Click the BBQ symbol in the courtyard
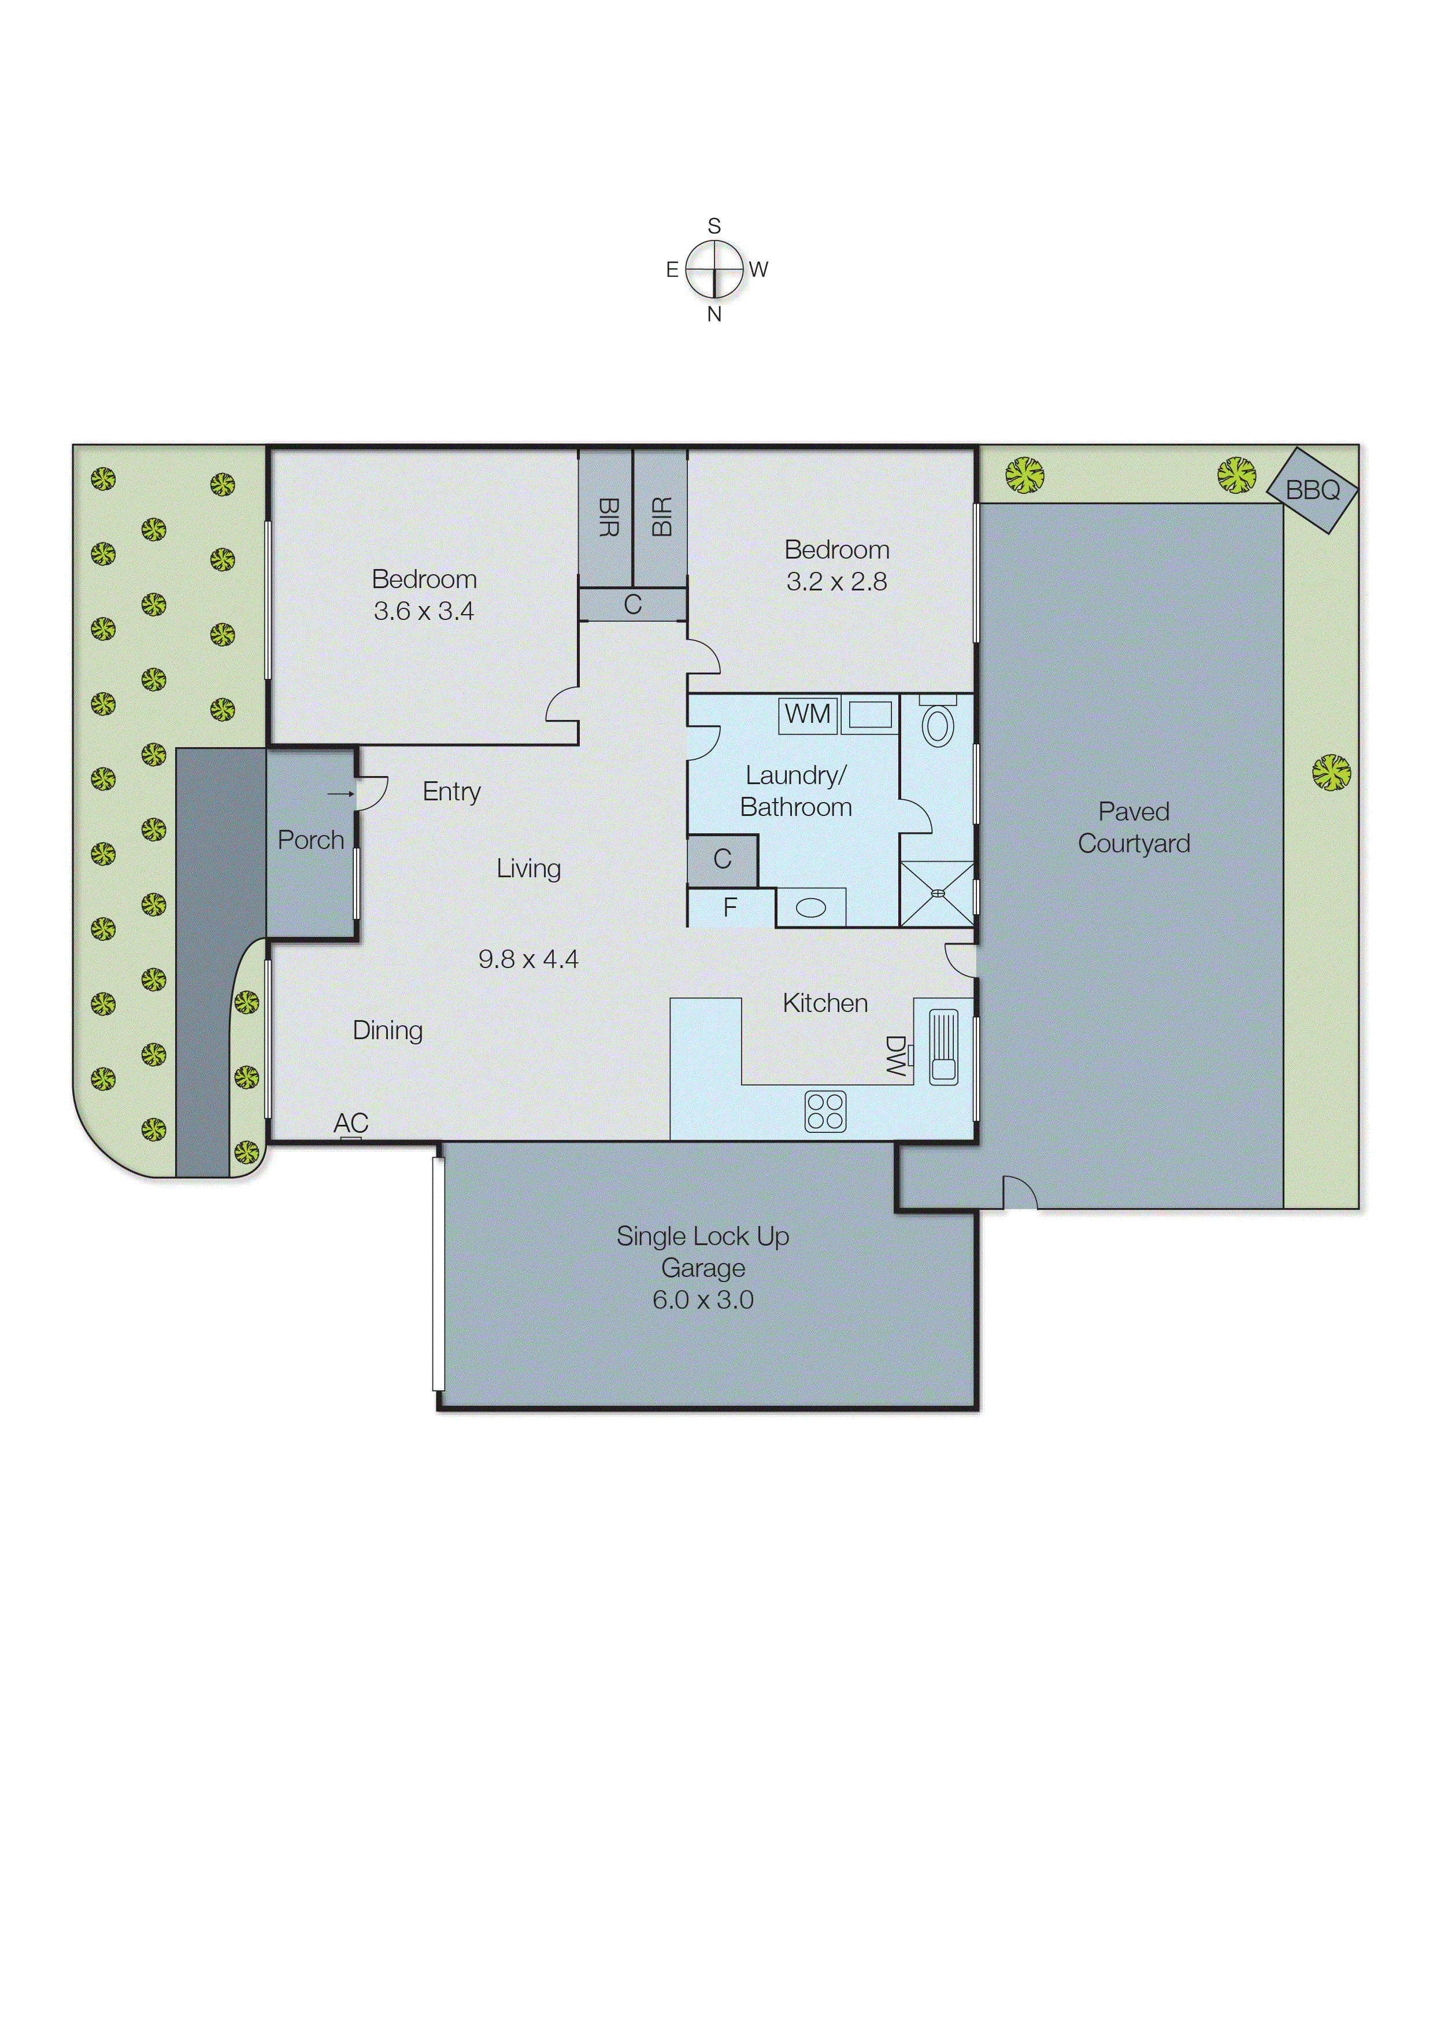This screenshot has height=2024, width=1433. click(1312, 489)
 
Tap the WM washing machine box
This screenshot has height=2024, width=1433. click(808, 714)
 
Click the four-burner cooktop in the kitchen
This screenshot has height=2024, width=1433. click(825, 1111)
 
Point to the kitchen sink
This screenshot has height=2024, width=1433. click(943, 1046)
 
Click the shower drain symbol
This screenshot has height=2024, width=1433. click(938, 893)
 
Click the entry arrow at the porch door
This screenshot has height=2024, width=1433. click(340, 793)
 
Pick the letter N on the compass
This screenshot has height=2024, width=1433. click(714, 314)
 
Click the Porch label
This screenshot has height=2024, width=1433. click(310, 840)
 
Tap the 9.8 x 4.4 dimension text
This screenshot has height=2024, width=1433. click(528, 959)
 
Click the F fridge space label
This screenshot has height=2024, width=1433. click(730, 907)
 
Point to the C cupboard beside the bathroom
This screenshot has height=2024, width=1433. click(722, 859)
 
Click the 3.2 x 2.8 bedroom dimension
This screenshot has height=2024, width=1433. click(836, 582)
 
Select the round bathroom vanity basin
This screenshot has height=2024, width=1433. click(811, 907)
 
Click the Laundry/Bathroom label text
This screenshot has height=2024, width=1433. click(796, 791)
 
